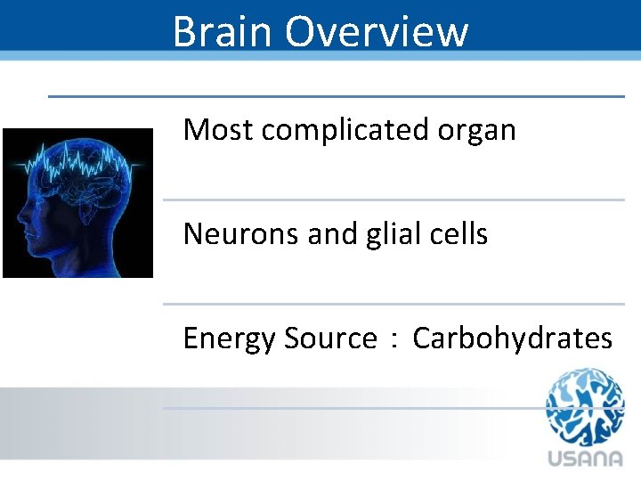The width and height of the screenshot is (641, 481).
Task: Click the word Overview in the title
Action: (x=377, y=31)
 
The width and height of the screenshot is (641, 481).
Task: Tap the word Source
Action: (x=330, y=338)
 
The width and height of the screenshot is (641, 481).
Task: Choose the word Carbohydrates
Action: (x=512, y=338)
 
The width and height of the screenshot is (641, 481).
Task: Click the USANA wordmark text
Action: (x=586, y=458)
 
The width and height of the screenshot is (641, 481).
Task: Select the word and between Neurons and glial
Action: (x=327, y=234)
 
